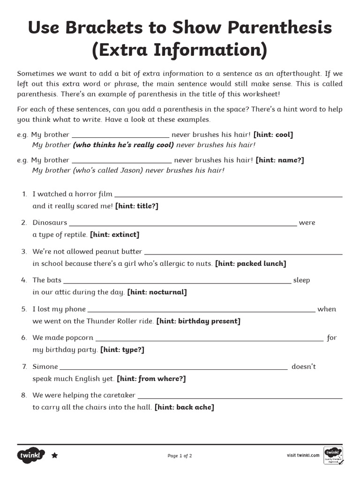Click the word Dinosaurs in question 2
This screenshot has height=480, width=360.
[x=50, y=223]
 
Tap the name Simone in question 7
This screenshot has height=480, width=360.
[x=45, y=367]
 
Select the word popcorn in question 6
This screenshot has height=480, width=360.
[x=78, y=338]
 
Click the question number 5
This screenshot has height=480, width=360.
[x=24, y=309]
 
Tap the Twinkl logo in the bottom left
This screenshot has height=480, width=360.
[x=31, y=455]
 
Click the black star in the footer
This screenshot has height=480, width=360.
[x=54, y=455]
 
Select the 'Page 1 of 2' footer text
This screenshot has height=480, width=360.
[x=180, y=456]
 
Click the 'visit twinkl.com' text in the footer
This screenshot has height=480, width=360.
[x=303, y=455]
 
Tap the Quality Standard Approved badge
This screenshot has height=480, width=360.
[x=333, y=455]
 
